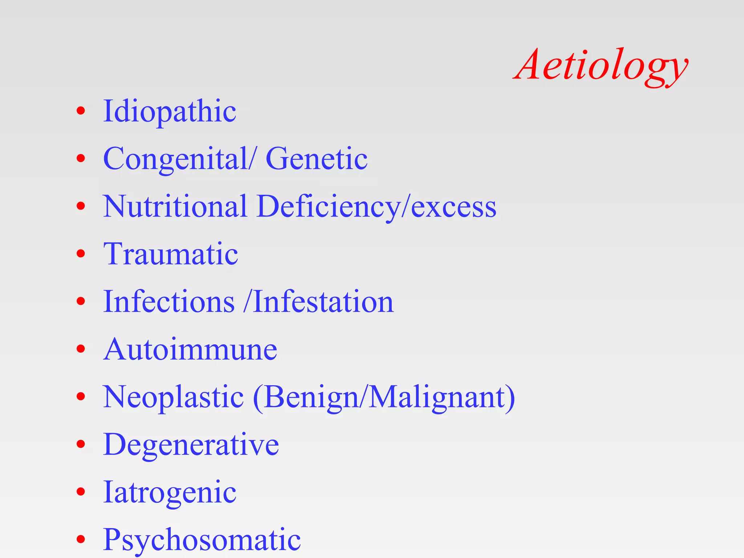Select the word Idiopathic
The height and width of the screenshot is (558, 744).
[170, 111]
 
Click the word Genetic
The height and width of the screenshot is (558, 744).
[316, 159]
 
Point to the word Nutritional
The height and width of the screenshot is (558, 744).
[175, 206]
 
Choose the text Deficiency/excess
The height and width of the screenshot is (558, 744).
[376, 206]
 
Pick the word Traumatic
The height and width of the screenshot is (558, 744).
[171, 254]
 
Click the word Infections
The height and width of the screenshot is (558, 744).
[169, 302]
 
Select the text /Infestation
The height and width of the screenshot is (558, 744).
[319, 302]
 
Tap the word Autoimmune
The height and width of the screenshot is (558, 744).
[190, 349]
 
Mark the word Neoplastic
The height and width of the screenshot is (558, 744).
[173, 397]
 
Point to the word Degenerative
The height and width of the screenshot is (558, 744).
[191, 445]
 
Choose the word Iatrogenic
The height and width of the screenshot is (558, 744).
[170, 492]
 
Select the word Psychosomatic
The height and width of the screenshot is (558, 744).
[202, 540]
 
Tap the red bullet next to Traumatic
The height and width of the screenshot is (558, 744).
[81, 254]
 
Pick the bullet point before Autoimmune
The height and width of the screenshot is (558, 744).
[81, 349]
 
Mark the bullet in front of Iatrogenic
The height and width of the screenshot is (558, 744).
[81, 492]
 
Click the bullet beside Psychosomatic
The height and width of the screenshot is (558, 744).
[81, 539]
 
